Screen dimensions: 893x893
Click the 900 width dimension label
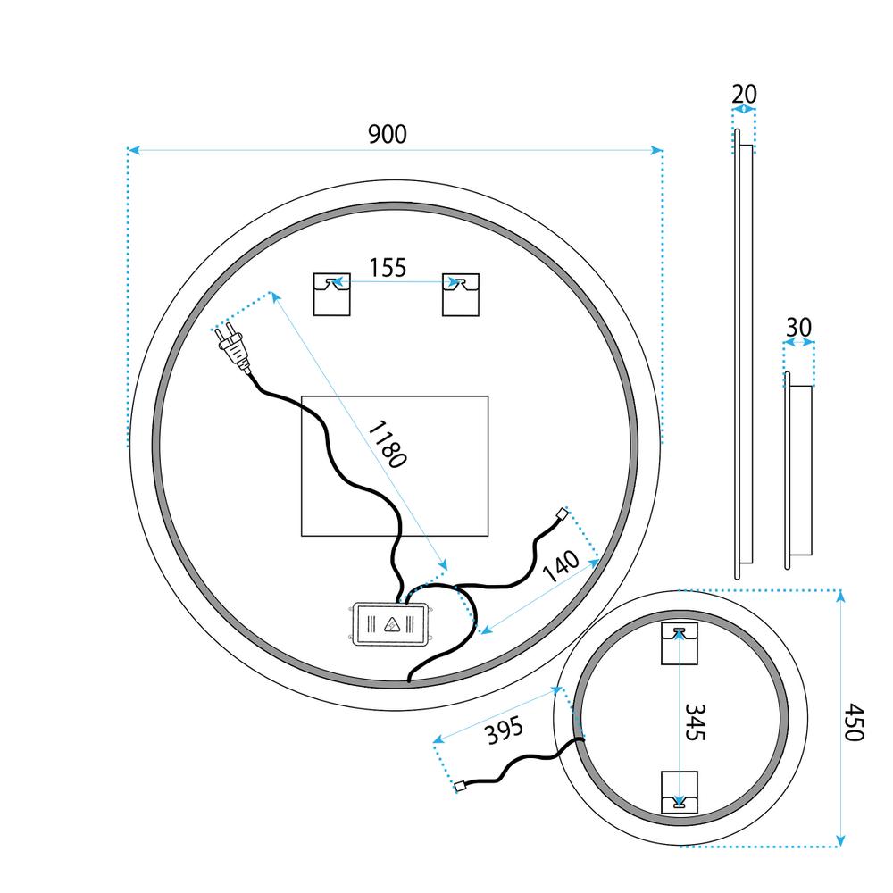pyautogui.click(x=387, y=134)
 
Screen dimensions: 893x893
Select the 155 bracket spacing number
pyautogui.click(x=388, y=266)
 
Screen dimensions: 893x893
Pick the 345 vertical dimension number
pyautogui.click(x=695, y=722)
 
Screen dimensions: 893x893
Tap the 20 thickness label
pyautogui.click(x=744, y=94)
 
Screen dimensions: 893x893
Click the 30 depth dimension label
pyautogui.click(x=798, y=328)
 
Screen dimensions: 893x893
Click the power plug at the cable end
pyautogui.click(x=233, y=349)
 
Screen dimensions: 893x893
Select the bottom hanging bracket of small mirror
pyautogui.click(x=679, y=791)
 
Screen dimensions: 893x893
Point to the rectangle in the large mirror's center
pyautogui.click(x=396, y=465)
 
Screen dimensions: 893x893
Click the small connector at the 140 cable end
pyautogui.click(x=561, y=514)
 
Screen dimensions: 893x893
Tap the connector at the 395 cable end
pyautogui.click(x=461, y=787)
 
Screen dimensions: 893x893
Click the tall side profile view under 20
pyautogui.click(x=743, y=354)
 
